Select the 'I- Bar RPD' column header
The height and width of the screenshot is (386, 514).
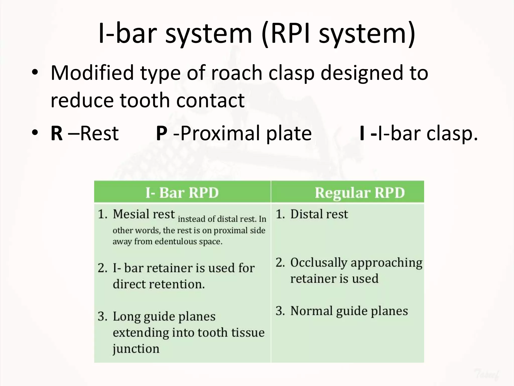point(182,193)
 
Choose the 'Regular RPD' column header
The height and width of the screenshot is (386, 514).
point(360,193)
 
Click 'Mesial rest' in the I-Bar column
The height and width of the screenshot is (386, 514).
point(144,214)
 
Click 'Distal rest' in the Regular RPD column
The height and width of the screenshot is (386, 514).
point(319,214)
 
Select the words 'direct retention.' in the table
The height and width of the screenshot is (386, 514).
point(159,284)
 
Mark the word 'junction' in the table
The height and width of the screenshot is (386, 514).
point(136,349)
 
